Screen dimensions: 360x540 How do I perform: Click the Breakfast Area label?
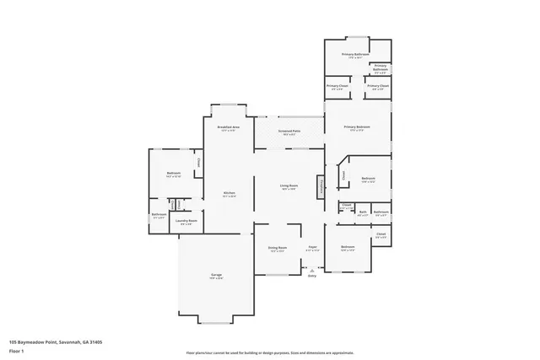229,126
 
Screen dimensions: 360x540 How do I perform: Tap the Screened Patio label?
289,132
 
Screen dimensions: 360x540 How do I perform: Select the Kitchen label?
229,193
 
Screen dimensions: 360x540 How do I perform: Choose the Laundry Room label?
186,221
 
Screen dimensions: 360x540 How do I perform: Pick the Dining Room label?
278,247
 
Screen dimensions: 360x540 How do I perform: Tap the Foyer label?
312,247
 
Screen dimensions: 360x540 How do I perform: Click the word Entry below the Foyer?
312,276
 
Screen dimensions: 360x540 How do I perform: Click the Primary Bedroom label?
357,126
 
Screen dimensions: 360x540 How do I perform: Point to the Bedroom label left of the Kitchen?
174,174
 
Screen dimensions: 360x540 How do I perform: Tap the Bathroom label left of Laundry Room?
159,214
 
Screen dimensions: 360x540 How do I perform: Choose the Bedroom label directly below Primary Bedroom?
368,178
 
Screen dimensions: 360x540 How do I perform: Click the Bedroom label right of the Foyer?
348,247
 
